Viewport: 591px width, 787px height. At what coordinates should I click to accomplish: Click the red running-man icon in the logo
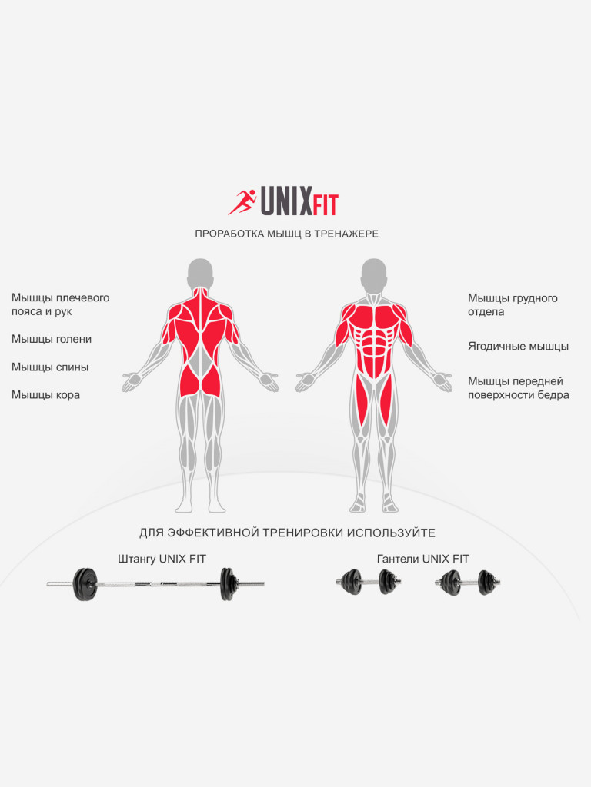coord(242,202)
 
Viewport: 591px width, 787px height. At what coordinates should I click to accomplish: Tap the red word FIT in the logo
coord(325,206)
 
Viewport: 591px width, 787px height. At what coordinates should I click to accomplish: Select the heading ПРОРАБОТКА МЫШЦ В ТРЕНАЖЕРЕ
coord(286,234)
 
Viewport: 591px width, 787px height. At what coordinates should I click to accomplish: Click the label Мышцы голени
coord(52,339)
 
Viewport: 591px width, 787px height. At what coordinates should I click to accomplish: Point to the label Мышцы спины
coord(50,367)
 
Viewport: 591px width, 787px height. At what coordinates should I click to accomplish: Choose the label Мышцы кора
coord(45,395)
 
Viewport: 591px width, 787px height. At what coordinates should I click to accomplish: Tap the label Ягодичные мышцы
coord(518,347)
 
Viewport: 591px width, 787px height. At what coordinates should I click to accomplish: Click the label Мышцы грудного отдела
coord(513,304)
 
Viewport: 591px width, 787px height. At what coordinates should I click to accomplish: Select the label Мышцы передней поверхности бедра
coord(518,388)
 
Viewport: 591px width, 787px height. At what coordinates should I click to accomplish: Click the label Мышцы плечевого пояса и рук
coord(60,304)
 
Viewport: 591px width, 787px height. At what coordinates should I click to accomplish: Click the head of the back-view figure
coord(201,273)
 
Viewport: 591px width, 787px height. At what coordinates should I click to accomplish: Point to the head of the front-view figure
coord(374,273)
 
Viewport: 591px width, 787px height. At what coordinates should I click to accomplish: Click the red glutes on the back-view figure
coord(201,380)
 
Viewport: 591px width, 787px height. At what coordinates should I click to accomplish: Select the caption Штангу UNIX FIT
coord(162,559)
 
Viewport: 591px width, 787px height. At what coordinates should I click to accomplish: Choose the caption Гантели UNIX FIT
coord(422,559)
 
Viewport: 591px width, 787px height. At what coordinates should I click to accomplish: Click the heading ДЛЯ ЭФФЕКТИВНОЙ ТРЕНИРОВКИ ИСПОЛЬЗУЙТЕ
coord(287,533)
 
